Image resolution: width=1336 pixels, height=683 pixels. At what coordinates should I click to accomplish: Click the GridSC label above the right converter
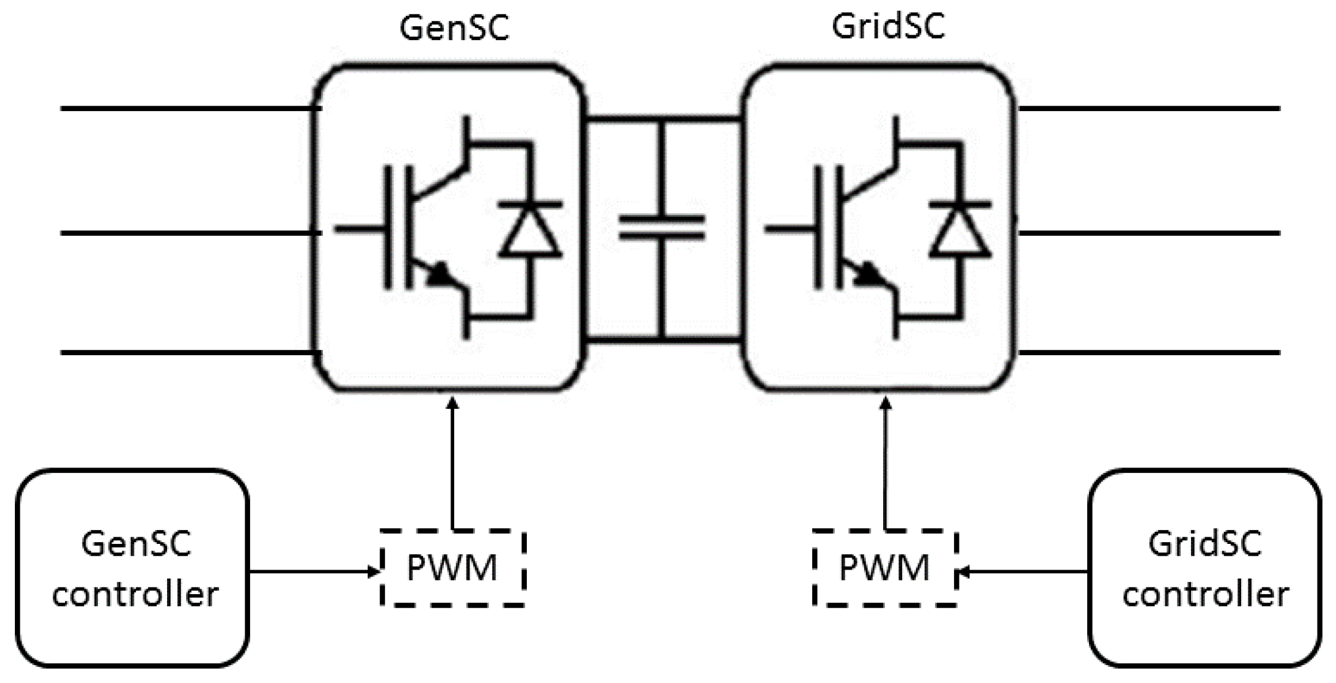point(888,27)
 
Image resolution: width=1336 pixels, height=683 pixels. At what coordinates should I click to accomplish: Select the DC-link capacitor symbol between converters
point(661,227)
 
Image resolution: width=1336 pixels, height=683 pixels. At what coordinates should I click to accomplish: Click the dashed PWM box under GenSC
point(452,568)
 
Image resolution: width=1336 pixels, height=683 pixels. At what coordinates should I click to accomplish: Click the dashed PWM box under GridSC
point(884,568)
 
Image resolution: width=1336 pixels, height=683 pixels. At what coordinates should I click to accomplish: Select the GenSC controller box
point(132,568)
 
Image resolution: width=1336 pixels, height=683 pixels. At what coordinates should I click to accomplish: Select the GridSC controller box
point(1204,568)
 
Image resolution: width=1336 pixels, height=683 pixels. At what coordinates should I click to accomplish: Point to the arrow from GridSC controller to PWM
point(1022,572)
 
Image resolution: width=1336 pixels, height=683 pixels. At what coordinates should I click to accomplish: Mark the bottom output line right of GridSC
point(1149,352)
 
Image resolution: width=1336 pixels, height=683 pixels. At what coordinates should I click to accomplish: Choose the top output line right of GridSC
point(1149,109)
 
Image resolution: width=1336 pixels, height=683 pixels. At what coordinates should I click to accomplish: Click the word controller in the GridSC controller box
point(1205,595)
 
